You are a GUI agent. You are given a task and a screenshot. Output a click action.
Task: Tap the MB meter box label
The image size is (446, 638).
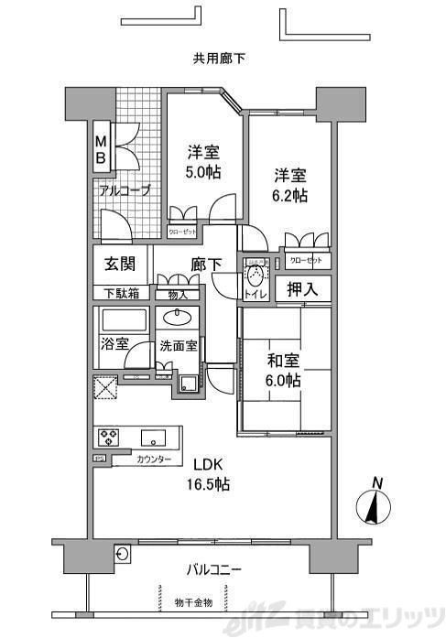103,150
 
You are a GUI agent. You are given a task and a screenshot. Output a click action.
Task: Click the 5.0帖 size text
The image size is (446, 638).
201,171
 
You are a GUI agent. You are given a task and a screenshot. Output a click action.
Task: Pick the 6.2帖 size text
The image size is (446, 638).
288,195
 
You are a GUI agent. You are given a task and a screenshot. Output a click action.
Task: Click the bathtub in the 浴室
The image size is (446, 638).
123,322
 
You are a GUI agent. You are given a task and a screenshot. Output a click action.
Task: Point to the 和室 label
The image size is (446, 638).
283,361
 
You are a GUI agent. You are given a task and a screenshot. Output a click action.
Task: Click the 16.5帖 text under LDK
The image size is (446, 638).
210,484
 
